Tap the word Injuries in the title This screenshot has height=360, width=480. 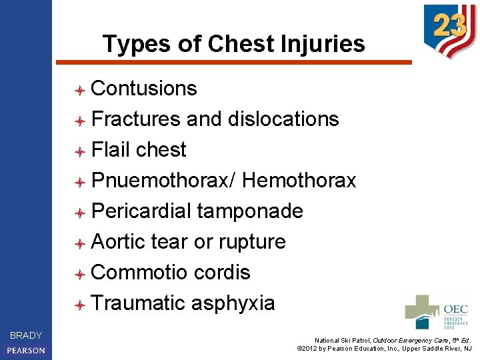coord(319,44)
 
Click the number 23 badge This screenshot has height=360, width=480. coord(449,28)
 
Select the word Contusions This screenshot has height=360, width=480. coord(144,88)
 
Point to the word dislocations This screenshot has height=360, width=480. coord(283,119)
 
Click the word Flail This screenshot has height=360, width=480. coord(111,149)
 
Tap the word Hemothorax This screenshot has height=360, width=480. coord(299,180)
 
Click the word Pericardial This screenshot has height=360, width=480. coord(141,211)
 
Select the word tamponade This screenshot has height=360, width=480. coord(251,211)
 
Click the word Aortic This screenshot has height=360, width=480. coord(118,241)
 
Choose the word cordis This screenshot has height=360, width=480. coord(222,272)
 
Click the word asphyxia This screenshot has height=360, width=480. coord(233,303)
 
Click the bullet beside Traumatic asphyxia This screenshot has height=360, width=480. coord(79,304)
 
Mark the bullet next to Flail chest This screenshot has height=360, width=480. coord(79,151)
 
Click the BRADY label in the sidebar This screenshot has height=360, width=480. coord(26,335)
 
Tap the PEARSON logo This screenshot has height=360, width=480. coord(26,350)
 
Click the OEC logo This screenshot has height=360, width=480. coord(437,312)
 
